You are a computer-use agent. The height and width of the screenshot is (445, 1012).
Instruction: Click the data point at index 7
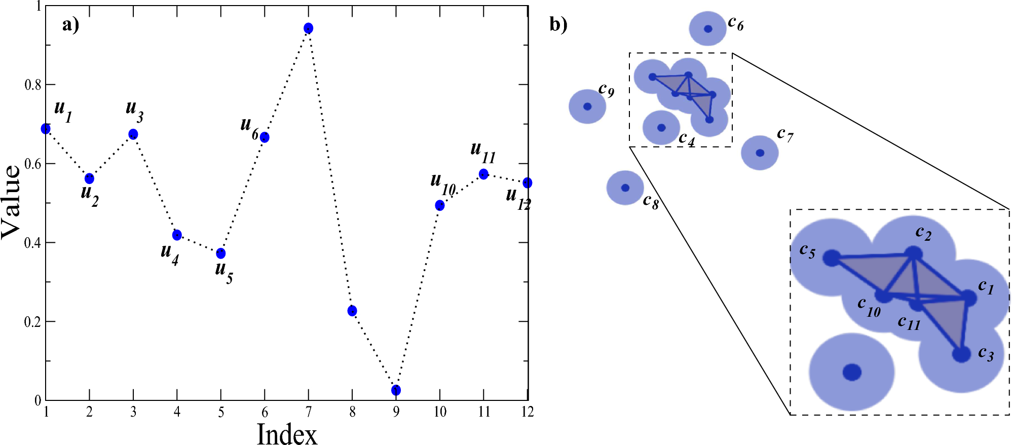308,28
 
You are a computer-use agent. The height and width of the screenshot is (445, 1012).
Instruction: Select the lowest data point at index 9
396,390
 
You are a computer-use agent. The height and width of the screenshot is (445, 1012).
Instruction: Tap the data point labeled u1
46,129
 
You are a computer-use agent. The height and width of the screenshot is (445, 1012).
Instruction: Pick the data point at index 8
352,311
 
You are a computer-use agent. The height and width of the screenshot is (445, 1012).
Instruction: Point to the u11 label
482,152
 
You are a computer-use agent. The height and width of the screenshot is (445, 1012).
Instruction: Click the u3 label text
134,110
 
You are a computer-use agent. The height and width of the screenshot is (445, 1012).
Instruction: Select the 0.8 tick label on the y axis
32,85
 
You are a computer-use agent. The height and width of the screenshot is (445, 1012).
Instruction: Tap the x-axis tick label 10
440,412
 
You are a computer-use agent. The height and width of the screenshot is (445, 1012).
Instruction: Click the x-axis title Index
287,434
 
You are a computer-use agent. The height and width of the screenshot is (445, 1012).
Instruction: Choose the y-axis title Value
11,202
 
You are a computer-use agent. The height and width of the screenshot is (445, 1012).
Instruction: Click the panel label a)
70,24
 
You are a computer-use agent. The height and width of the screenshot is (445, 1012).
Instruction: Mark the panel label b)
558,24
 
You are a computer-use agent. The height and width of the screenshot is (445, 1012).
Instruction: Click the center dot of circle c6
708,29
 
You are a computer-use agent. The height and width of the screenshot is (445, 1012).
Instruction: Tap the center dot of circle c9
587,106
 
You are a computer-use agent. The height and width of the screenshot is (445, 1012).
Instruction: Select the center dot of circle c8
625,188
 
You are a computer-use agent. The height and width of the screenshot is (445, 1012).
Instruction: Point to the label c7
785,135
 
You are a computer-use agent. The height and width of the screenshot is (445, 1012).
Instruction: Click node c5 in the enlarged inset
832,258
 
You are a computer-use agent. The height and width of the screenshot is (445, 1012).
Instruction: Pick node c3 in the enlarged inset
961,354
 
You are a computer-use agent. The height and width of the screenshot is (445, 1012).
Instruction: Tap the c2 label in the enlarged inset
923,234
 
